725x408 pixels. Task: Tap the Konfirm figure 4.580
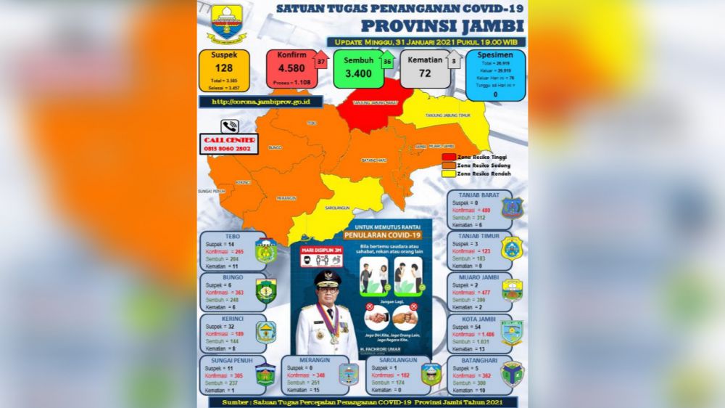pos(290,70)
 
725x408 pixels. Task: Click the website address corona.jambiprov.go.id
pos(257,102)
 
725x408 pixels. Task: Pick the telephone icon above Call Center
pos(231,125)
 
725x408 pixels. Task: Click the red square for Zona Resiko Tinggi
pos(449,157)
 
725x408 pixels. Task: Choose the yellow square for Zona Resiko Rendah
pos(449,174)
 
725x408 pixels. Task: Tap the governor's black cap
pos(324,278)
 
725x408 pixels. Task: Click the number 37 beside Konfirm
pos(320,62)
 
